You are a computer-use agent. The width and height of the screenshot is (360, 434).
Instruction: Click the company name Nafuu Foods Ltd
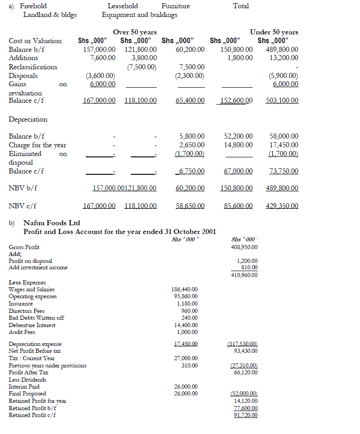(x=51, y=223)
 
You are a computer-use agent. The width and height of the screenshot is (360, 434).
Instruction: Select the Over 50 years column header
(x=135, y=32)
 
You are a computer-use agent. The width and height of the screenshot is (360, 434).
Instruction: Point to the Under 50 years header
(x=274, y=32)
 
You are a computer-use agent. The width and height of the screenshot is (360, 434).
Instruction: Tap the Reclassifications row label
(x=33, y=67)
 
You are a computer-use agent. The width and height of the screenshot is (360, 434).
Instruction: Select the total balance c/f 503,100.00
(x=282, y=100)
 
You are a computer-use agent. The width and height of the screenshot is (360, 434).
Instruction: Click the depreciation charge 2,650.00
(x=192, y=145)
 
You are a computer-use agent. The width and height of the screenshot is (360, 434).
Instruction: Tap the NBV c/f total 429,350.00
(x=282, y=206)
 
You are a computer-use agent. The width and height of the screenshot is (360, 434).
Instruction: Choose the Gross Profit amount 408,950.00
(x=244, y=247)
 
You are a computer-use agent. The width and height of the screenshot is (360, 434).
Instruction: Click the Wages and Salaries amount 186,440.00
(x=184, y=289)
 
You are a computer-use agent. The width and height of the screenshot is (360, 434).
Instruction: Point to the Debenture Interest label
(x=32, y=325)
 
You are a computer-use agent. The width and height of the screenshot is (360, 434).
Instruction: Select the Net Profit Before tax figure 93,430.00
(x=245, y=351)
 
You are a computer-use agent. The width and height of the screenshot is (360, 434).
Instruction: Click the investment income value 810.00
(x=249, y=267)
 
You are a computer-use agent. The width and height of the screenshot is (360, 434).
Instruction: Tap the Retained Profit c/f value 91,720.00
(x=245, y=415)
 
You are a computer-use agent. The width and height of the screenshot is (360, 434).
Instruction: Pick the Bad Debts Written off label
(x=36, y=318)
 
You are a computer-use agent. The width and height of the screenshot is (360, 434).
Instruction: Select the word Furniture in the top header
(x=176, y=6)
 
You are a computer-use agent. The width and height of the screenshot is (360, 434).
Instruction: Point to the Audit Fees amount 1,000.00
(x=187, y=332)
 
